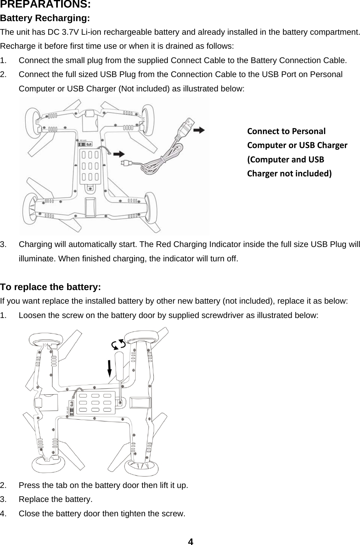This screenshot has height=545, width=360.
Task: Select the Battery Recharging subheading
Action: coord(45,19)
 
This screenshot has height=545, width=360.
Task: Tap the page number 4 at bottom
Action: coord(190,542)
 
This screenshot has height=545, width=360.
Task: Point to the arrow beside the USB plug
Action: coord(199,130)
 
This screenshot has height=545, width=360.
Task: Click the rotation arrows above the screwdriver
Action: coord(118,344)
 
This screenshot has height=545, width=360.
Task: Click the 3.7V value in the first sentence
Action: coord(69,32)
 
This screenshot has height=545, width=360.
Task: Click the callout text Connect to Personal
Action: coord(286,131)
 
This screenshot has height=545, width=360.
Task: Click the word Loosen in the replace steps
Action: coord(31,315)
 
